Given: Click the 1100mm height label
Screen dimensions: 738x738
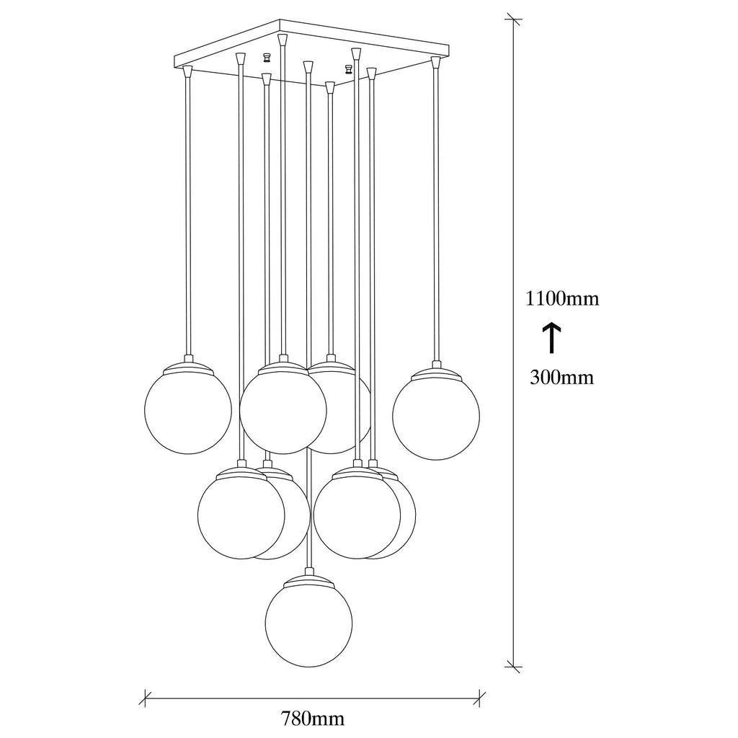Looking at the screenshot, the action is point(562,298).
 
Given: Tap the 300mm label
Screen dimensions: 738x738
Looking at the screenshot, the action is point(561,377).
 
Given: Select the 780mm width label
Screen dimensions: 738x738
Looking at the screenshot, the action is point(313,719).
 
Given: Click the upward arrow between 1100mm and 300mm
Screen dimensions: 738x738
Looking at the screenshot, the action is point(552,338).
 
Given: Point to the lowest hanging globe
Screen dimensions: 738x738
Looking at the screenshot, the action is point(308,623).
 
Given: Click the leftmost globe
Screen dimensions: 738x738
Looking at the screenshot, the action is point(188,410).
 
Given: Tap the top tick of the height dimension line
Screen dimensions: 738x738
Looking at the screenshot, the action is point(513,19).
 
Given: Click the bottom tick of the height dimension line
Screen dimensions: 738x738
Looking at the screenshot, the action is point(513,667).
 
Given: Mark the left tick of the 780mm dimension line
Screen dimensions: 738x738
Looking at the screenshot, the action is point(146,698).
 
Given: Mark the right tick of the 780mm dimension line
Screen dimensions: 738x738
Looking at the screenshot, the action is point(479,698).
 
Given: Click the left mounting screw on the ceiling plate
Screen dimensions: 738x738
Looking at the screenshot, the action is point(267,58).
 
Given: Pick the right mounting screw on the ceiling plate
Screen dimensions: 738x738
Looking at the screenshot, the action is point(349,69).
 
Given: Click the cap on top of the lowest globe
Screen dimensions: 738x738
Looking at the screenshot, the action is point(308,580).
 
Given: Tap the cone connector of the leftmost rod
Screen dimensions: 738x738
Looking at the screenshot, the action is point(188,71).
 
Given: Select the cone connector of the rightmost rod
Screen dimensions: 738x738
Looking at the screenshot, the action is point(435,62).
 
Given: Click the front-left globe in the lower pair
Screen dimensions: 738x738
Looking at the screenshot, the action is point(241,515).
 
